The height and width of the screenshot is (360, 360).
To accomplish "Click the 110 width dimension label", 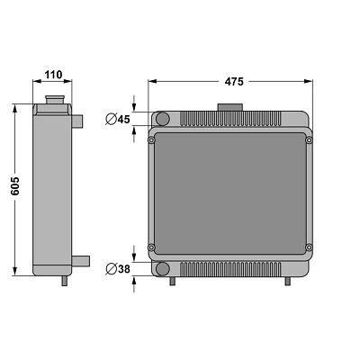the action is tap(53, 75).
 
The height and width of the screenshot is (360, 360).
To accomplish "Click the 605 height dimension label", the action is tap(15, 186).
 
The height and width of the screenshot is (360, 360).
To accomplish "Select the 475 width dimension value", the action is tap(234, 82).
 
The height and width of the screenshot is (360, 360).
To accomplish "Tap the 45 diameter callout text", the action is tap(123, 120).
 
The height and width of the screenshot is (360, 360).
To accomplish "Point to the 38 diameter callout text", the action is tap(124, 269).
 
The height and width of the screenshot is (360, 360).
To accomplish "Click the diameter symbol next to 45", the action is tap(111, 120).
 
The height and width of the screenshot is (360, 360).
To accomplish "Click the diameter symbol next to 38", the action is tap(111, 269).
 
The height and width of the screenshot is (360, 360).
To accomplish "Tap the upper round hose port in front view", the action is tap(163, 119).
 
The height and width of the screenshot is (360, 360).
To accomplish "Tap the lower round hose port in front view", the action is tap(163, 269).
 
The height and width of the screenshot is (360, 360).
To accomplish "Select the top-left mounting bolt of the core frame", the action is tap(151, 139).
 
